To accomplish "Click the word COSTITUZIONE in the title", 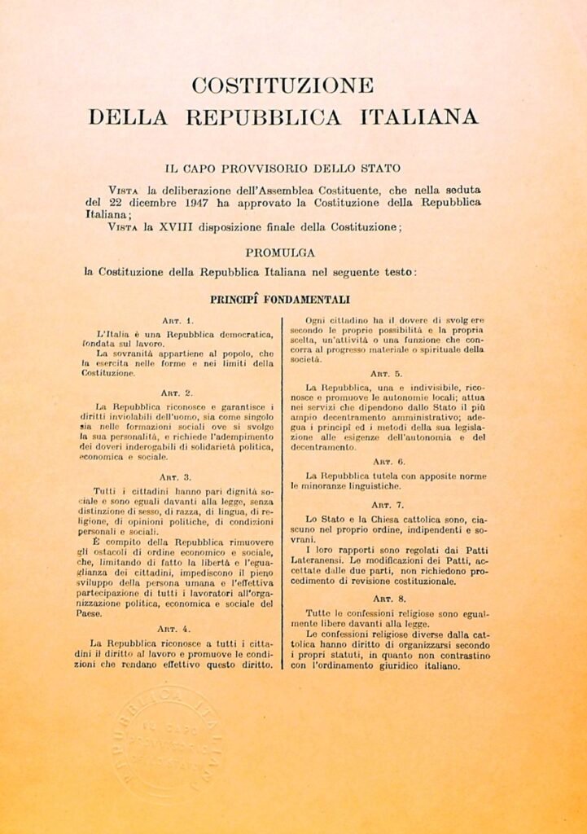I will (282, 86).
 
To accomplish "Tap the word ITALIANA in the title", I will (419, 117).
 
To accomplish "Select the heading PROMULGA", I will (281, 252).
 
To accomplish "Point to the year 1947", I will (197, 201).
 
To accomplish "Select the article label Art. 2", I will (176, 392).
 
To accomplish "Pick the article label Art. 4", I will (176, 628).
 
